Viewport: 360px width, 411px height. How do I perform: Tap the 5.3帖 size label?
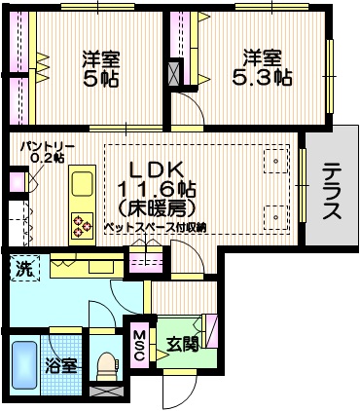click(x=263, y=75)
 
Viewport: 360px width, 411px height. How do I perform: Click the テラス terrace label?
click(x=331, y=191)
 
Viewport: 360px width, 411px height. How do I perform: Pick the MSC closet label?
click(x=138, y=344)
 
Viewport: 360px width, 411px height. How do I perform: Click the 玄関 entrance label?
click(x=183, y=343)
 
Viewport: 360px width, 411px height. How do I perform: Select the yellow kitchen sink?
click(x=80, y=184)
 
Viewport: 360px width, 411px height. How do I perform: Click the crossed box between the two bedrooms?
click(x=174, y=74)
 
